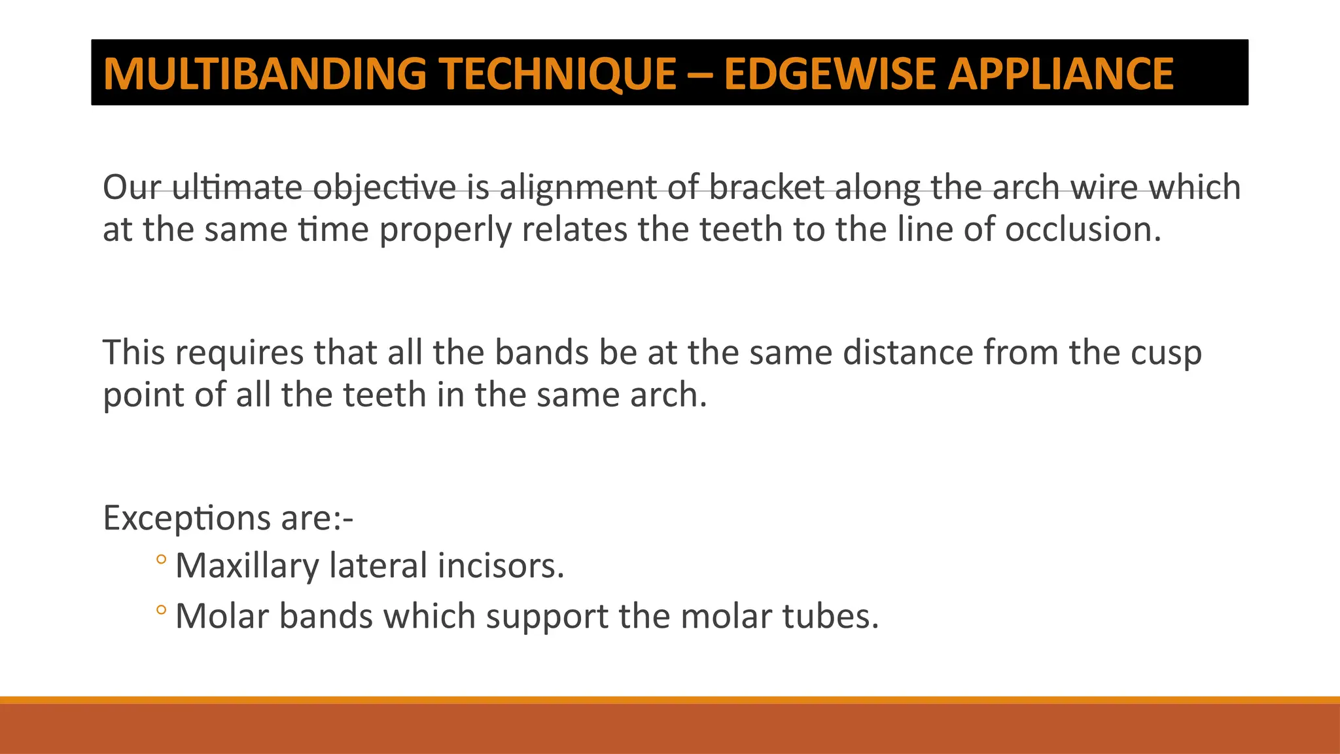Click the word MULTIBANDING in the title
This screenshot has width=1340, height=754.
[x=265, y=73]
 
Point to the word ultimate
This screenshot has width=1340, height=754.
[x=237, y=188]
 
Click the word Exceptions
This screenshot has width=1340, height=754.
[x=186, y=518]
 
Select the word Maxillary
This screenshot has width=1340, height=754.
[x=247, y=566]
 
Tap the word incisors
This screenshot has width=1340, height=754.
[x=500, y=565]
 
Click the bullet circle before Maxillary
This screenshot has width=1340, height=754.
[x=162, y=560]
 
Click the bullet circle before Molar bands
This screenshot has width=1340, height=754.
[x=162, y=611]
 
